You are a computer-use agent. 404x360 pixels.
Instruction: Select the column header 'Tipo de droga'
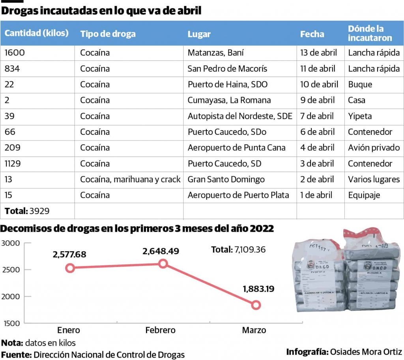[x=108, y=34]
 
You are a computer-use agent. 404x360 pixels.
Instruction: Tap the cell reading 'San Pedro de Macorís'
[x=227, y=69]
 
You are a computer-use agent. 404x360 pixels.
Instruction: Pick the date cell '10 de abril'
[x=319, y=84]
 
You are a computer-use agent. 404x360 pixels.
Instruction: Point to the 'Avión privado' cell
[x=374, y=147]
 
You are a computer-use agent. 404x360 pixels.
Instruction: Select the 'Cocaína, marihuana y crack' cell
[x=130, y=179]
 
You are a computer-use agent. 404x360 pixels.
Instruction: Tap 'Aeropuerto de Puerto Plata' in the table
[x=238, y=195]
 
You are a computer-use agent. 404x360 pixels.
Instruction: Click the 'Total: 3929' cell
[x=27, y=211]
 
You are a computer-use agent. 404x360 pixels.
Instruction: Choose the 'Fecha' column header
[x=312, y=34]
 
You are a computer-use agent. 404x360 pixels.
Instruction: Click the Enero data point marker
[x=70, y=268]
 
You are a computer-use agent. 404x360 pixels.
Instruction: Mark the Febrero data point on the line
[x=163, y=264]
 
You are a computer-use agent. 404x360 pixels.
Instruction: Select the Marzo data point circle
[x=256, y=305]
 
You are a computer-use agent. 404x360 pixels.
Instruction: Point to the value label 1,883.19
[x=258, y=289]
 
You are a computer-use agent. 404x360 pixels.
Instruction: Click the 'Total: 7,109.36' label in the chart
[x=238, y=250]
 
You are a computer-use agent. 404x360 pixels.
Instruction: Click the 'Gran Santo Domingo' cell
[x=226, y=179]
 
